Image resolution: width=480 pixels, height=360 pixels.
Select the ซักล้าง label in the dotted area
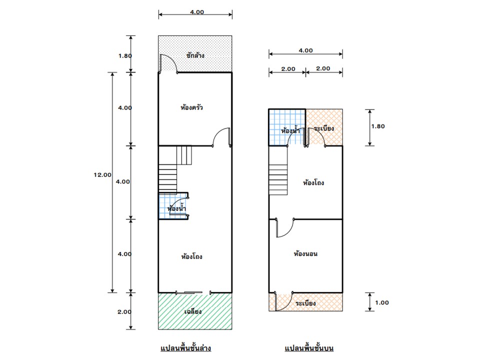coord(194,55)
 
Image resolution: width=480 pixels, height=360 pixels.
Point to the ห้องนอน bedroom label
coord(305,254)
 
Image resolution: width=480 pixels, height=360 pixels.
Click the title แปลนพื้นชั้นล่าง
coord(185,347)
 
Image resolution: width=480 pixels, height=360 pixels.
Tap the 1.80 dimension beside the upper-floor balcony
coord(378,126)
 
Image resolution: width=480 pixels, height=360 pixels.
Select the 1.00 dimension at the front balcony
coord(381,302)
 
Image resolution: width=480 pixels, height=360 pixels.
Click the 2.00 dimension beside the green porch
coord(124,311)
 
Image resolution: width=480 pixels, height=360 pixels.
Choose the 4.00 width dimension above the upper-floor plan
coord(305,50)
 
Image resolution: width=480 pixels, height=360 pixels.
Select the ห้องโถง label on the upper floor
coord(313,183)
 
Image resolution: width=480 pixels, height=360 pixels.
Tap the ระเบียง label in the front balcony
coord(305,303)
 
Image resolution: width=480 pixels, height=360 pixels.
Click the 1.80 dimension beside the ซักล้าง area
coord(125,55)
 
